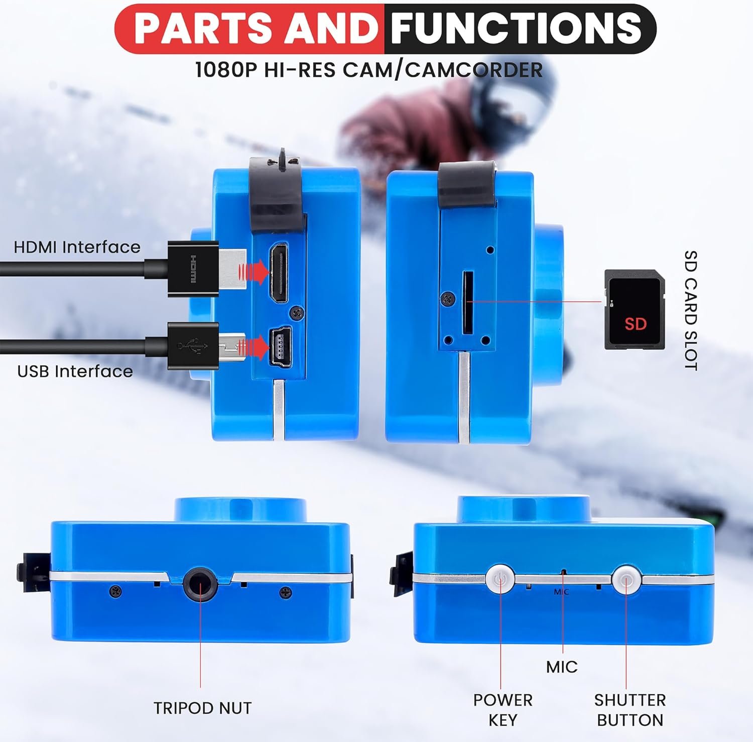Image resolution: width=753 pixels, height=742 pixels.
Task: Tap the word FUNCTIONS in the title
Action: pos(516,28)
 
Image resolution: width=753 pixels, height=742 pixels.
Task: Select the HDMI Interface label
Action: pos(77,247)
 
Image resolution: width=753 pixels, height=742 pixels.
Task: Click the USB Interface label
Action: pos(75,371)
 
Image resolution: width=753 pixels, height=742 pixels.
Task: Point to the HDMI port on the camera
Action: pos(279,273)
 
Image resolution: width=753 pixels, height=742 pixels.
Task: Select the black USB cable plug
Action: pos(206,346)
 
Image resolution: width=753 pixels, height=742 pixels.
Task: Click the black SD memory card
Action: pos(635,309)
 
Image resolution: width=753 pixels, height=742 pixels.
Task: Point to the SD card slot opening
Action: pos(467,303)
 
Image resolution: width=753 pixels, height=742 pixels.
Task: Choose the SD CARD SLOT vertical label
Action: pos(691,310)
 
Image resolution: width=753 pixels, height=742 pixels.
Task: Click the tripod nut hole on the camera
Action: pos(201,583)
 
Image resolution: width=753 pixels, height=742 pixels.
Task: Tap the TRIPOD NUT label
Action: pos(202,708)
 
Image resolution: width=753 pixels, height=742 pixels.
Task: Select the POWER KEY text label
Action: pos(503,709)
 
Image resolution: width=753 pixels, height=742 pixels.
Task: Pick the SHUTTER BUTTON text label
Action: pos(630,709)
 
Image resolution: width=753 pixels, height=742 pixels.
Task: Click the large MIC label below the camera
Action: pos(562,667)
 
